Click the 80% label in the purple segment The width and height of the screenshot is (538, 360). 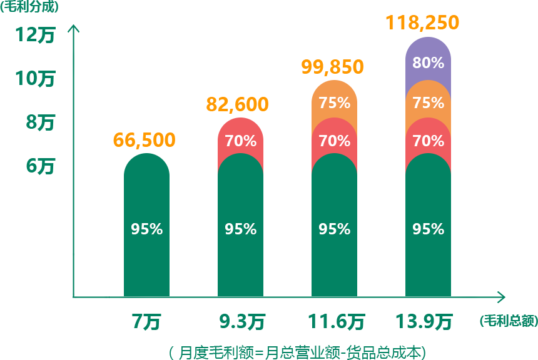(x=429, y=63)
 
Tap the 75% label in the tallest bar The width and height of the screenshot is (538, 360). (x=429, y=103)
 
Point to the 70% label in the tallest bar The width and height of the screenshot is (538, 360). (x=429, y=141)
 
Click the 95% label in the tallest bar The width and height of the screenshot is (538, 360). (x=429, y=229)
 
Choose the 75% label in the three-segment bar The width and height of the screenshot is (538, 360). (x=335, y=103)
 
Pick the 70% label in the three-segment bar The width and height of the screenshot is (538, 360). (x=335, y=141)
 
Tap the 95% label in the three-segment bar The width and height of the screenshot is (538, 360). (x=335, y=229)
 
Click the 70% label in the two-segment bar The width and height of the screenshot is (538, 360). (x=241, y=141)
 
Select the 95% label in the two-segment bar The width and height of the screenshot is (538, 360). (x=241, y=229)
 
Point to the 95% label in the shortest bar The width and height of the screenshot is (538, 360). (x=147, y=229)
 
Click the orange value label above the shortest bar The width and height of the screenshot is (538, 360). (x=145, y=141)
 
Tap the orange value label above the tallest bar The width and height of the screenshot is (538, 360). (x=422, y=23)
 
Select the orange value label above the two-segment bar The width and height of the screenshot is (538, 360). (x=238, y=105)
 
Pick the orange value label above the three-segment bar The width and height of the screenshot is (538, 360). (x=333, y=67)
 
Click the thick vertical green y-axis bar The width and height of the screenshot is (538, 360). (x=73, y=141)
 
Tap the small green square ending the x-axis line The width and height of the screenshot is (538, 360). (x=497, y=297)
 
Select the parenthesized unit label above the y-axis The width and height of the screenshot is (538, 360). (x=29, y=7)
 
